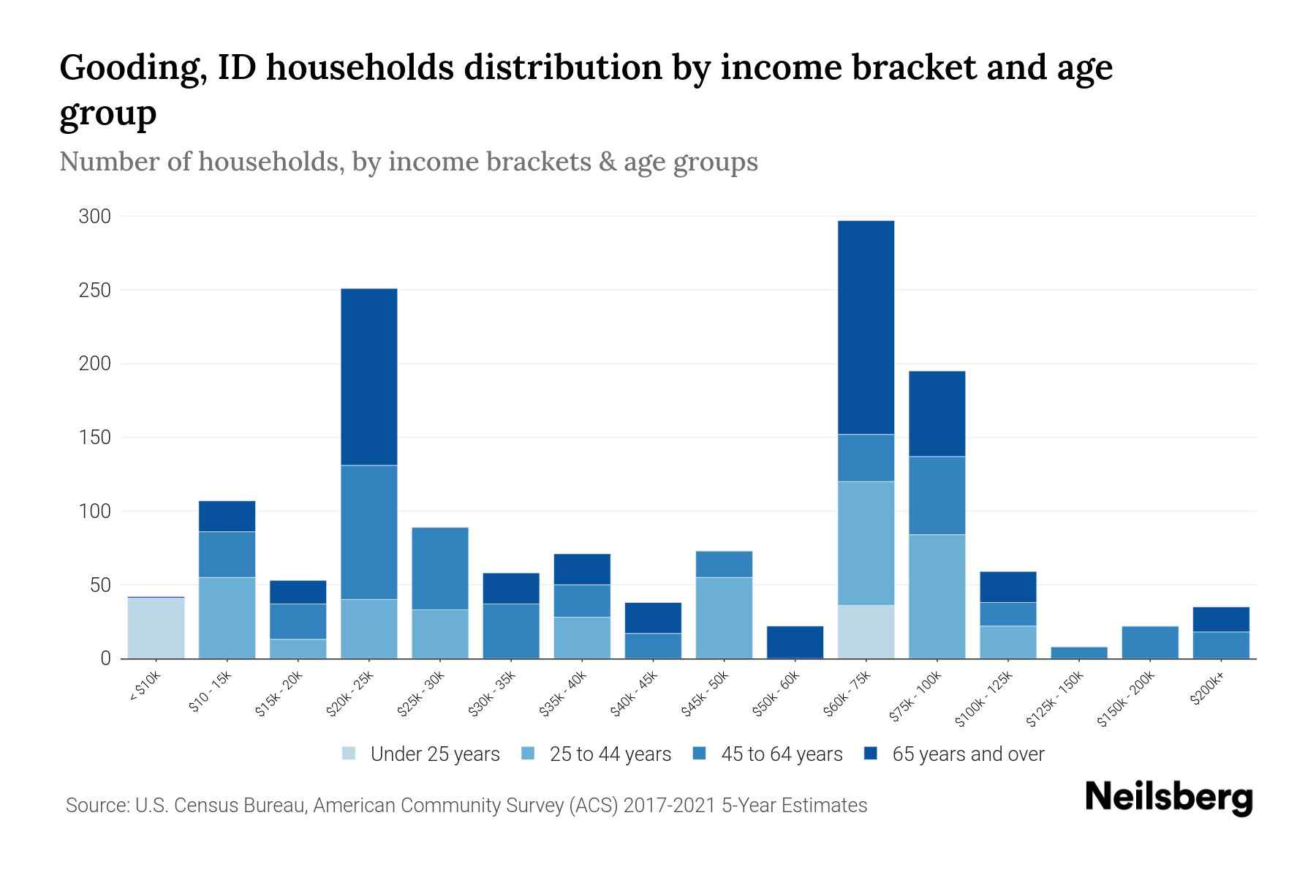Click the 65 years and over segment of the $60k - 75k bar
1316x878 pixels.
[866, 327]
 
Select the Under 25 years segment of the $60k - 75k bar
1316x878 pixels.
[866, 631]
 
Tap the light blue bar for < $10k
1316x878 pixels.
[156, 628]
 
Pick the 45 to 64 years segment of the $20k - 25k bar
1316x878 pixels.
[369, 532]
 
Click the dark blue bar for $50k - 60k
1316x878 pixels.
[795, 642]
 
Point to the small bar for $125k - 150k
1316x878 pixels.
[1079, 653]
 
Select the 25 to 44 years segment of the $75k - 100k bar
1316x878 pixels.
[937, 596]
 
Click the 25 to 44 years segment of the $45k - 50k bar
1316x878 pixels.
[724, 618]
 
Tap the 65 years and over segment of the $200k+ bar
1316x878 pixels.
[1221, 619]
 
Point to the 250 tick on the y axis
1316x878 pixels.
[95, 290]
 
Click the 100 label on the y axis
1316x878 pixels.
[95, 511]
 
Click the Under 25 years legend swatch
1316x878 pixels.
[349, 754]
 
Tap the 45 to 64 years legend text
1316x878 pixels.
[782, 754]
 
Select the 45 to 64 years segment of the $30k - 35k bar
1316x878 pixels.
[511, 631]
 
